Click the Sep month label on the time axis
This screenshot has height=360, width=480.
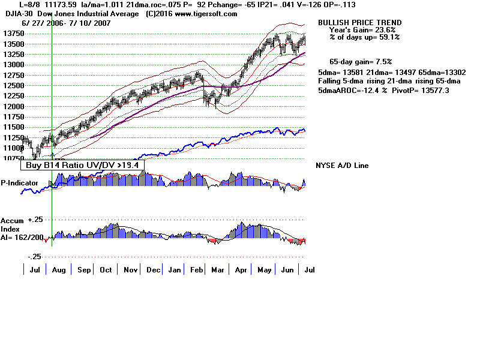[x=84, y=270]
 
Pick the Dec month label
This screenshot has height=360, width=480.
[x=153, y=270]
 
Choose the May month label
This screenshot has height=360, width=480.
[x=264, y=270]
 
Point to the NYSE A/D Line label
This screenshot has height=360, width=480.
[x=342, y=166]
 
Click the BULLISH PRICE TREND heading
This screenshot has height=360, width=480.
[x=359, y=23]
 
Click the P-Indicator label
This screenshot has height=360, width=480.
[x=19, y=182]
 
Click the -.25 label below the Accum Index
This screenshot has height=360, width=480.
[x=35, y=256]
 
